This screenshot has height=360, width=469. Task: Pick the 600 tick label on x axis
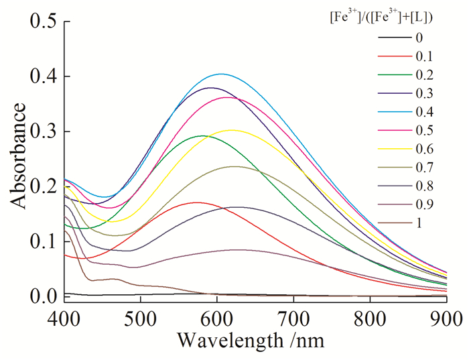coord(217,316)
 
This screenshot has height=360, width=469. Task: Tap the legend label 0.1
coord(424,56)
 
